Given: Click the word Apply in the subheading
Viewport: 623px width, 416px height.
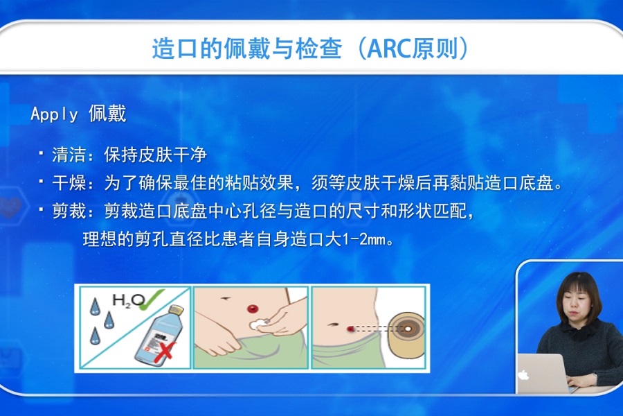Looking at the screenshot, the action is pyautogui.click(x=54, y=114).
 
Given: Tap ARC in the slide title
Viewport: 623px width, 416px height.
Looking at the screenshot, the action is pyautogui.click(x=388, y=49).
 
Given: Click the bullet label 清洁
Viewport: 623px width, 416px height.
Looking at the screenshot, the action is pyautogui.click(x=69, y=155).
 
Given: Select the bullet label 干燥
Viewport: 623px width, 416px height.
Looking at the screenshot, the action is pyautogui.click(x=69, y=183).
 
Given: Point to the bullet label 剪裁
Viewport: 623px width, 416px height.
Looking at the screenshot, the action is pyautogui.click(x=69, y=211).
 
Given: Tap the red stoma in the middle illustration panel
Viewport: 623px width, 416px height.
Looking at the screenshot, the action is pyautogui.click(x=252, y=309).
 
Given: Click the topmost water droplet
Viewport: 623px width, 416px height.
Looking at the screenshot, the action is pyautogui.click(x=95, y=307).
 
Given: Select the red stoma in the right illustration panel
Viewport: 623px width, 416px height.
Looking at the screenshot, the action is pyautogui.click(x=350, y=329).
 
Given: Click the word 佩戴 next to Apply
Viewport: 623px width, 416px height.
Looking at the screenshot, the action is pyautogui.click(x=107, y=114).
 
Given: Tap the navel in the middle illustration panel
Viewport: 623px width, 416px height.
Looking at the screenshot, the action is pyautogui.click(x=226, y=297).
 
